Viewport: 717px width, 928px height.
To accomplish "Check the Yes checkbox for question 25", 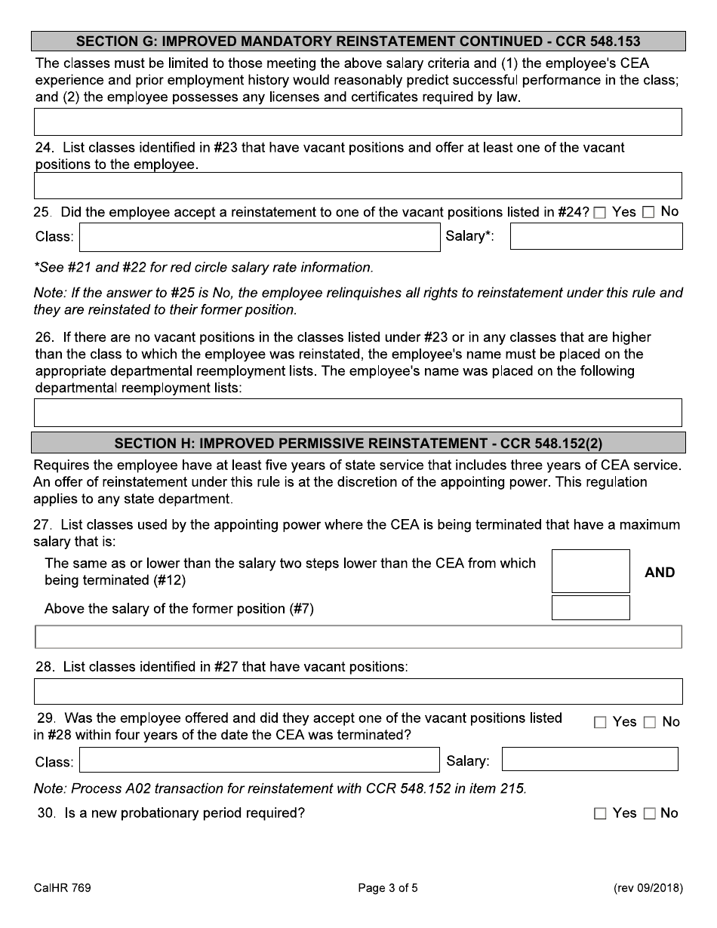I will (600, 214).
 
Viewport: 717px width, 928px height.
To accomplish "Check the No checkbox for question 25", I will (648, 214).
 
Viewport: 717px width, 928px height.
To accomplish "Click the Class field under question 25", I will (260, 237).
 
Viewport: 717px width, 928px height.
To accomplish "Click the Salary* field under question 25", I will (596, 237).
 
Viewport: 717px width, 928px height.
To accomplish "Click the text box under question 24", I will (358, 186).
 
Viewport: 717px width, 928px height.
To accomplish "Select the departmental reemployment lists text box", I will (358, 413).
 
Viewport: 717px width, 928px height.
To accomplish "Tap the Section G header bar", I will (358, 41).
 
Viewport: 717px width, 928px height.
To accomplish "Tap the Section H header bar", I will (358, 442).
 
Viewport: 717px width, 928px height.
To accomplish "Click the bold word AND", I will (660, 573).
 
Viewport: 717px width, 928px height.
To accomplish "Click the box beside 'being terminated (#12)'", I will (590, 571).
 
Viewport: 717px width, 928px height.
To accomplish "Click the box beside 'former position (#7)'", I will (590, 608).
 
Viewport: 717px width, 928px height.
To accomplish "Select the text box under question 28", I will (358, 691).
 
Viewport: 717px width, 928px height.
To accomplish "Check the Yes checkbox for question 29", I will (600, 723).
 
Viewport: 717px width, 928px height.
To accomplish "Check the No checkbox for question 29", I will (650, 723).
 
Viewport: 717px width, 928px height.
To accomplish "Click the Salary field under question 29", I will (589, 760).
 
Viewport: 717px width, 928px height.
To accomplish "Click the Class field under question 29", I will (260, 761).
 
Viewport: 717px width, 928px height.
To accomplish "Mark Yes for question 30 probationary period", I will (600, 814).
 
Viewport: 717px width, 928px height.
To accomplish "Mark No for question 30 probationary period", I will (650, 814).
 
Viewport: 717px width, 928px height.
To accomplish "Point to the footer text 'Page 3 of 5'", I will (388, 888).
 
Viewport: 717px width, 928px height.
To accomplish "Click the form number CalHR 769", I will (63, 888).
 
